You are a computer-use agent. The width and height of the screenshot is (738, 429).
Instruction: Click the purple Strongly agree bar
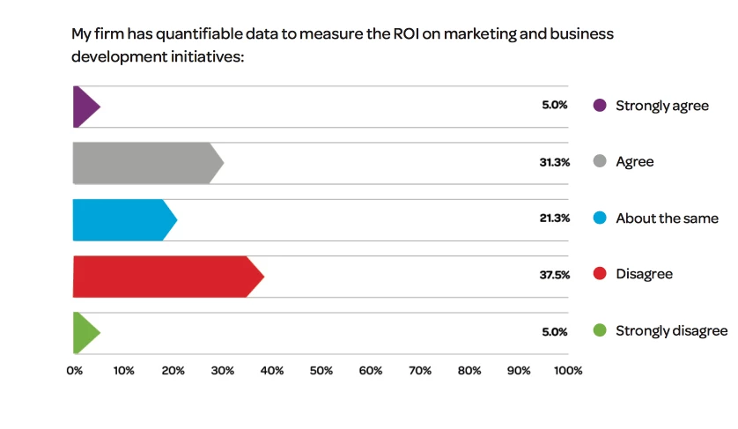[85, 107]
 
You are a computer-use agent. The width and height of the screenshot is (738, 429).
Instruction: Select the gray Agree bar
[145, 163]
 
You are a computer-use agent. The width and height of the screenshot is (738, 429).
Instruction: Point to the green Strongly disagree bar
[85, 332]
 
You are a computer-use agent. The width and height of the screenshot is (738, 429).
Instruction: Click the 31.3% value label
[554, 162]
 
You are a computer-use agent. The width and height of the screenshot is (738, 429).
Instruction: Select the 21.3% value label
[554, 218]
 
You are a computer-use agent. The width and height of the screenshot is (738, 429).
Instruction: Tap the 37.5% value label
[554, 275]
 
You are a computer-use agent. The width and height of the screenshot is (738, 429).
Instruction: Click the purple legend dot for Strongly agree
[600, 106]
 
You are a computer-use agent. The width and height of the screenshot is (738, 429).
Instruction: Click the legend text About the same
[667, 218]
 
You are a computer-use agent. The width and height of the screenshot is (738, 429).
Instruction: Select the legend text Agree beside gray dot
[634, 162]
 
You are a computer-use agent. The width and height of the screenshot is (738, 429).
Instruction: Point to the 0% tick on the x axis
[74, 370]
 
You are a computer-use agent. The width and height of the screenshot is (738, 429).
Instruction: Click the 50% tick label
[321, 370]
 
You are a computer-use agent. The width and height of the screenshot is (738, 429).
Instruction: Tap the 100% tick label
[568, 370]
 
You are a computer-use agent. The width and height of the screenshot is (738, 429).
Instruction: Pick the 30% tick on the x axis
[222, 370]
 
